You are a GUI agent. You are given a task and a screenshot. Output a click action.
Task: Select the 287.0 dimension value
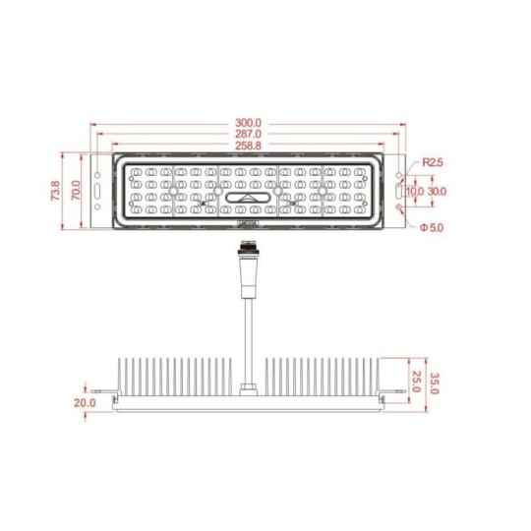pyautogui.click(x=248, y=134)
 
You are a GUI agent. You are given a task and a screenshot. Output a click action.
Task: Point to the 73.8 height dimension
pyautogui.click(x=55, y=191)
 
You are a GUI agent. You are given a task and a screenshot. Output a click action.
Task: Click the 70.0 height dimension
pyautogui.click(x=75, y=191)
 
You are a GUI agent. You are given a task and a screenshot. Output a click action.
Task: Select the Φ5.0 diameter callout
pyautogui.click(x=430, y=228)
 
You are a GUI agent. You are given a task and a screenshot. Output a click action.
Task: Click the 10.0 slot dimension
pyautogui.click(x=415, y=191)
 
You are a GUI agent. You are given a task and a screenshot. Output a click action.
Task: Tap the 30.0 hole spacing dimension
pyautogui.click(x=437, y=191)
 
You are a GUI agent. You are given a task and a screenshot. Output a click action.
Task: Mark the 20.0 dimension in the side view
pyautogui.click(x=84, y=403)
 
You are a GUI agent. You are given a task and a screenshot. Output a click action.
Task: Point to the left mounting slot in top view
pyautogui.click(x=97, y=190)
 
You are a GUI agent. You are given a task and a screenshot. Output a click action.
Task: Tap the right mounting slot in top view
pyautogui.click(x=397, y=190)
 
